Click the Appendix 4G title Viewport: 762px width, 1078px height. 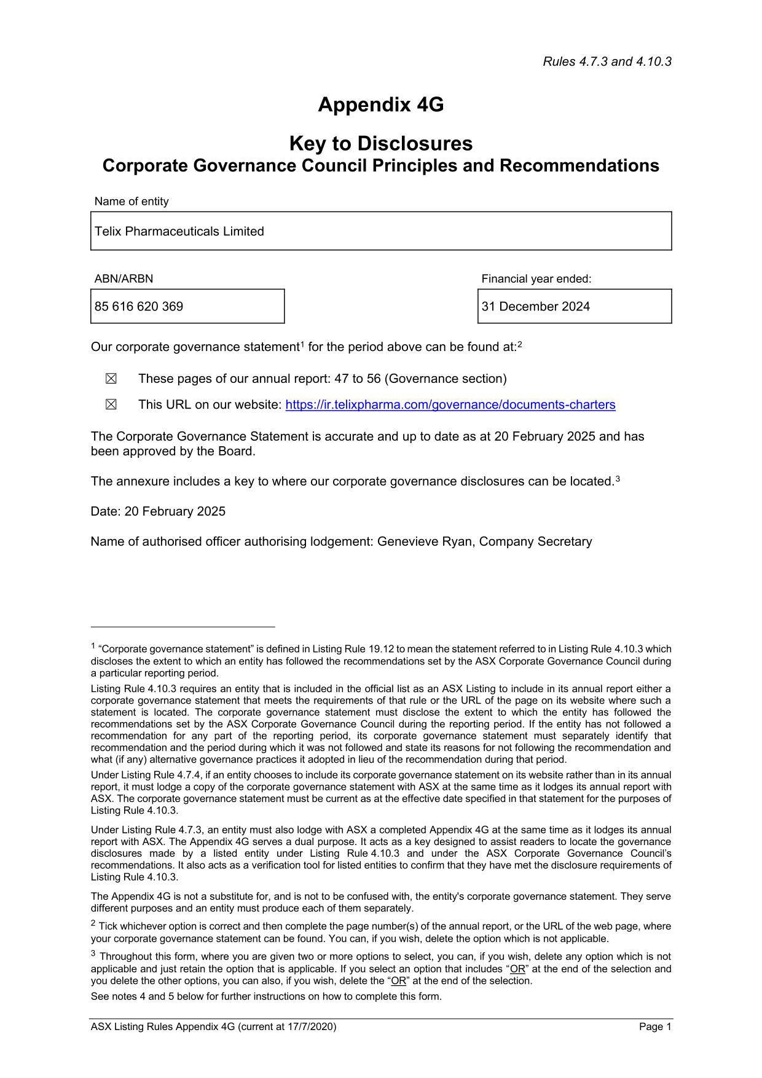380,105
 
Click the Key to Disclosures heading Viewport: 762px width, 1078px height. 380,144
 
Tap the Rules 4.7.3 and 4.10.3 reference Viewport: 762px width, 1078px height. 607,61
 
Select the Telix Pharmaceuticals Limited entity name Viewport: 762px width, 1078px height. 179,232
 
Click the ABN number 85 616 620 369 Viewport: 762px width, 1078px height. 139,307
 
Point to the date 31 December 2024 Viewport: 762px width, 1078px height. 535,307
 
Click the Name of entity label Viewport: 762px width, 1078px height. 132,202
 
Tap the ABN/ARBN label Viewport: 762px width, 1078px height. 124,279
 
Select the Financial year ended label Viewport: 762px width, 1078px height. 536,279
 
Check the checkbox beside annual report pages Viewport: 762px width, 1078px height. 111,379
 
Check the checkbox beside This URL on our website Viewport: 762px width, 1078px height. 111,405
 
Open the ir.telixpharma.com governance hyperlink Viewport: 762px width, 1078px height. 450,405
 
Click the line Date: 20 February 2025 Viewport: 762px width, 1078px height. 158,511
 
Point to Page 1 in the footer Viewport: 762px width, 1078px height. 655,1027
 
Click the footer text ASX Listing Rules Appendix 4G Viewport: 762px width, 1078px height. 213,1027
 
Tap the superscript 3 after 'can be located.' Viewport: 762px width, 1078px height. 618,478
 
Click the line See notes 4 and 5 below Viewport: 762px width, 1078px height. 266,996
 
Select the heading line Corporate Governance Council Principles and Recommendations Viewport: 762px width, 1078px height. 380,166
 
